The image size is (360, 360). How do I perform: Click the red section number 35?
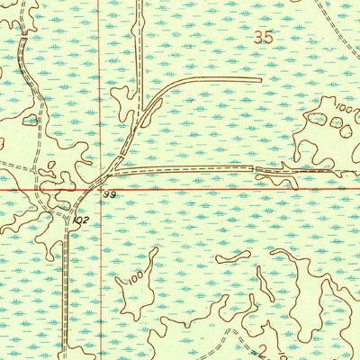tap(263, 38)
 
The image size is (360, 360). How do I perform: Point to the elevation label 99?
tap(110, 195)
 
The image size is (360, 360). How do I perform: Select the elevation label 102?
tap(82, 218)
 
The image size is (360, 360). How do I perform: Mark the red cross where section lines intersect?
tap(100, 189)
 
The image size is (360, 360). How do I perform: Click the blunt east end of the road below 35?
tap(258, 80)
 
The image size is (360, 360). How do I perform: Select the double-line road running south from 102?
tap(66, 288)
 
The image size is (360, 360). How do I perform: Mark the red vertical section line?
tap(100, 90)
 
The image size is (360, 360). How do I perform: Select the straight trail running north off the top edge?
tap(140, 36)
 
